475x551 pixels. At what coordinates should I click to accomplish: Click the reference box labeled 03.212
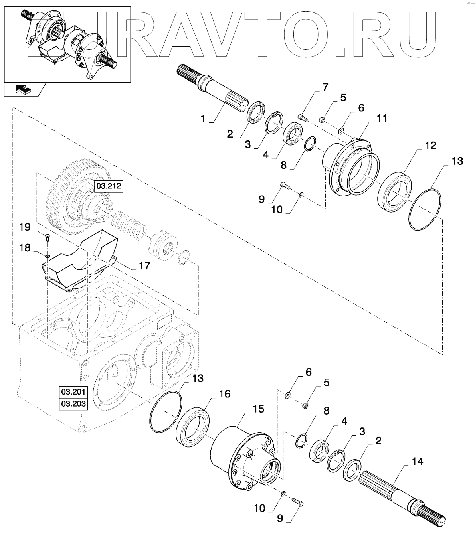pos(108,186)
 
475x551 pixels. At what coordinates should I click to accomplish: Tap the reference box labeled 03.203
pos(73,403)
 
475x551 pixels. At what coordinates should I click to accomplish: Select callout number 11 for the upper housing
pos(381,118)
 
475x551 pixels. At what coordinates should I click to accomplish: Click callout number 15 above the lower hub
pos(258,409)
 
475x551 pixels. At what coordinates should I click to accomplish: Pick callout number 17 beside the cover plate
pos(144,265)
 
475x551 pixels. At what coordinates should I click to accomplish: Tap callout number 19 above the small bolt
pos(25,227)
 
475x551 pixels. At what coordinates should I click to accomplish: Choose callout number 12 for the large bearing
pos(431,145)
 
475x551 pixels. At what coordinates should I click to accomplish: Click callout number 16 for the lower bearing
pos(224,394)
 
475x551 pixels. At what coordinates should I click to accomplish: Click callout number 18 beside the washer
pos(25,248)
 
